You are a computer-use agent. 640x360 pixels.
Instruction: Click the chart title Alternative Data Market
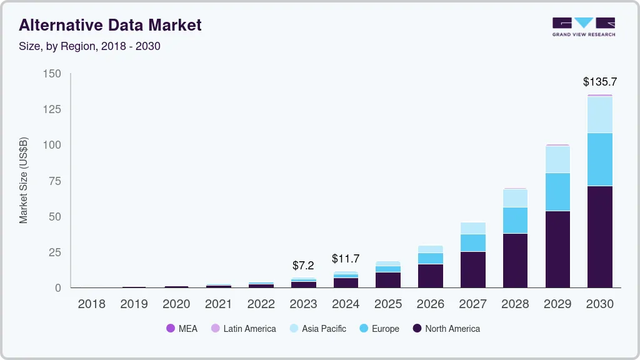[x=110, y=25]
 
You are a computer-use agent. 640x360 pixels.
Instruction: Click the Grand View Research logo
[x=584, y=27]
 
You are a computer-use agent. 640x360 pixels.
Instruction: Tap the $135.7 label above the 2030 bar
[x=599, y=82]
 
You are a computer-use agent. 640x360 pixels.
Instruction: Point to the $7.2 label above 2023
[x=304, y=266]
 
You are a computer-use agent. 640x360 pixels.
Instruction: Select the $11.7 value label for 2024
[x=346, y=258]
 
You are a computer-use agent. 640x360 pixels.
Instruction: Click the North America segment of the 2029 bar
[x=557, y=249]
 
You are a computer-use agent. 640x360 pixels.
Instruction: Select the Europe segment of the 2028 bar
[x=515, y=220]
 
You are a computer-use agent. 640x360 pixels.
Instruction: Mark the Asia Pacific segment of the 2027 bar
[x=473, y=228]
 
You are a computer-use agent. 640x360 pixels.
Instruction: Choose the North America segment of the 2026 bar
[x=431, y=276]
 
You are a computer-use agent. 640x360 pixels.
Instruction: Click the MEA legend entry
[x=182, y=329]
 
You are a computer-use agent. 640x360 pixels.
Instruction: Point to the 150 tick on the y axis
[x=52, y=74]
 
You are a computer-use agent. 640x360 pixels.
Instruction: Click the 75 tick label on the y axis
[x=55, y=181]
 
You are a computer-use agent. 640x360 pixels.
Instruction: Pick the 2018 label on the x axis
[x=91, y=304]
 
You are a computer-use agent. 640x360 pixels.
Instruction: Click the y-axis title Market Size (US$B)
[x=24, y=180]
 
